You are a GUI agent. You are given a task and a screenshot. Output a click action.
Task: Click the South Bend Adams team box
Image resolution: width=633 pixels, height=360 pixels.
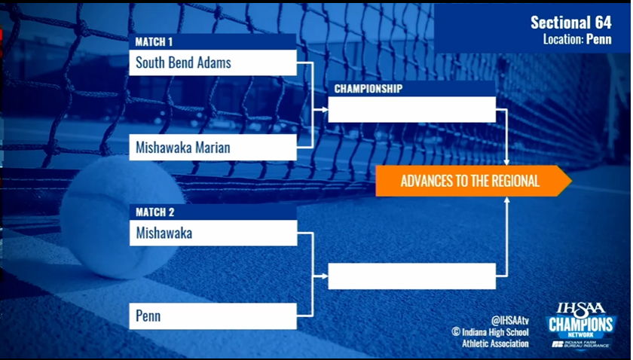[x=213, y=63]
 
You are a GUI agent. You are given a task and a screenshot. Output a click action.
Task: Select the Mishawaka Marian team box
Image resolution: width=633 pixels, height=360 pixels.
[x=213, y=148]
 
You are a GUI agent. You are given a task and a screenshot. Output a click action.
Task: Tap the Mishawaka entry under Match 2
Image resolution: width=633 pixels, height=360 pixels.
[x=213, y=233]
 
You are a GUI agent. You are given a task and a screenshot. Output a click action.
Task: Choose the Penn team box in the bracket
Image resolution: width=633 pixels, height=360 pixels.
[x=213, y=316]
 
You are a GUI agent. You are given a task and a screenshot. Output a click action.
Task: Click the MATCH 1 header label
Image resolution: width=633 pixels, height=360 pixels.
[x=154, y=42]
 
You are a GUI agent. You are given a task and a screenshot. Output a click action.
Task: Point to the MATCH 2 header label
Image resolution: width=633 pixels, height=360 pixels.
[x=155, y=212]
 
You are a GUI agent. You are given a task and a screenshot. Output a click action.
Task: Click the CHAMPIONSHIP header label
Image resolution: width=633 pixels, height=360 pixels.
[x=368, y=89]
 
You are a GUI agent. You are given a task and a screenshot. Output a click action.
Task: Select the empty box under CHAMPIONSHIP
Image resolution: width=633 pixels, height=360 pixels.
[x=411, y=109]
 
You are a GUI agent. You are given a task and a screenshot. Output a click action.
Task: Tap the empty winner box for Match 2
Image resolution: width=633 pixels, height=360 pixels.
[x=411, y=276]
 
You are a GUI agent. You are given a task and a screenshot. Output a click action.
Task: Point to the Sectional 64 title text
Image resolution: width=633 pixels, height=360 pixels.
[x=571, y=23]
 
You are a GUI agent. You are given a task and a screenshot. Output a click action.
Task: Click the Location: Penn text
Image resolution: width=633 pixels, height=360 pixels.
[x=577, y=39]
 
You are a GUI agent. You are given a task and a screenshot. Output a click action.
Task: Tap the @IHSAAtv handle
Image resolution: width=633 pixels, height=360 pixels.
[x=510, y=320]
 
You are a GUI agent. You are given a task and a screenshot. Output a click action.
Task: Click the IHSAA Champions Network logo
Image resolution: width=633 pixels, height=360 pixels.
[x=581, y=325]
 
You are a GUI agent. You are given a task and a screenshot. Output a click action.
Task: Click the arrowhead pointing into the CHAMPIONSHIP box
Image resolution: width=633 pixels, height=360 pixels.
[x=325, y=109]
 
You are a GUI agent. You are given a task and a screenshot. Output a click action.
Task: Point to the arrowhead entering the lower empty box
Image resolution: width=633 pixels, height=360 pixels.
[x=325, y=276]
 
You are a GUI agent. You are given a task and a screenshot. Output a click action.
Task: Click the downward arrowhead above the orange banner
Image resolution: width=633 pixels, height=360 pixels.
[x=506, y=162]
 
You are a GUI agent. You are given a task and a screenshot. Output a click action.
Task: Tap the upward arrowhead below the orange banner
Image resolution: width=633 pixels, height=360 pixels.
[x=506, y=200]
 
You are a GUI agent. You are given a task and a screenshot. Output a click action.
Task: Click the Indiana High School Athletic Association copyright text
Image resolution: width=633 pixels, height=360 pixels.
[x=490, y=338]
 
